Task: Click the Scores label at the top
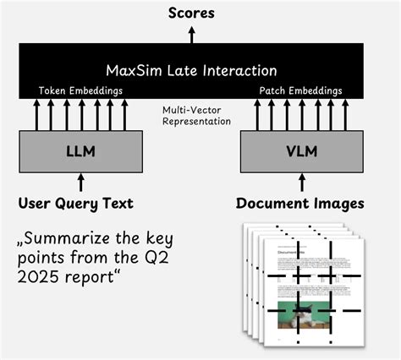(191, 13)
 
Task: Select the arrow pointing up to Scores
(191, 33)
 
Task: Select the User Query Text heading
(76, 204)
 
